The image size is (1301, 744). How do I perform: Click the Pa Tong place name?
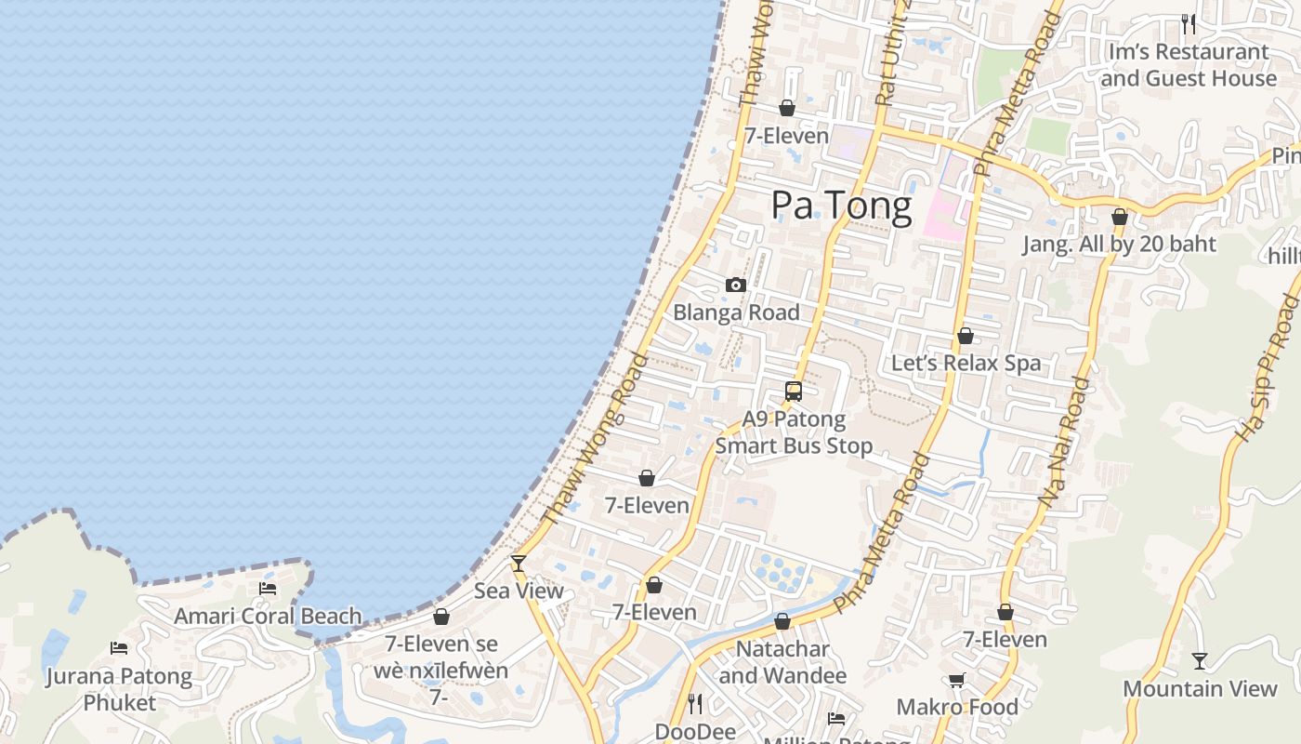pos(841,206)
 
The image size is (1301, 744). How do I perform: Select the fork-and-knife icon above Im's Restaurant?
pos(1189,23)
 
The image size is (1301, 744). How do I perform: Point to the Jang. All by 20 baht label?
pos(1119,245)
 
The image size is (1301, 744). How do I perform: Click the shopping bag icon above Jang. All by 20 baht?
pos(1120,218)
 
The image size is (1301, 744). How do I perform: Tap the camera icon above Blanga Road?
pos(736,285)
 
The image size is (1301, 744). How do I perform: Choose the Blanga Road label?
pos(736,312)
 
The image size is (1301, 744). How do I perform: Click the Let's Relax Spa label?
pos(966,363)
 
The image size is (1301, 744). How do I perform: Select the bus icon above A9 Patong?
pos(793,392)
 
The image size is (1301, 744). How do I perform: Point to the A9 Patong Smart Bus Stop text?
pos(794,432)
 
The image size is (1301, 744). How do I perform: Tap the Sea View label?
pos(519,591)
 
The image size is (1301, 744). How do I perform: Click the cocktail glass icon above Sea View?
pos(519,564)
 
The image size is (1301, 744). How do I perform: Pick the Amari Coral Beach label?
pos(268,616)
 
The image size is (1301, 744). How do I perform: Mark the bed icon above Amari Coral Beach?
pos(268,589)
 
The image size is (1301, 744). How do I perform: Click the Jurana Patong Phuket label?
pos(119,689)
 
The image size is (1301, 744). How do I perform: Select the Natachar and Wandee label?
pos(782,662)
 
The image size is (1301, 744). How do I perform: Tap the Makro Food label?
pos(957,707)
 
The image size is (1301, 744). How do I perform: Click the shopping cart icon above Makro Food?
pos(957,680)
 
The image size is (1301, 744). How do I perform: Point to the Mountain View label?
pos(1200,689)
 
